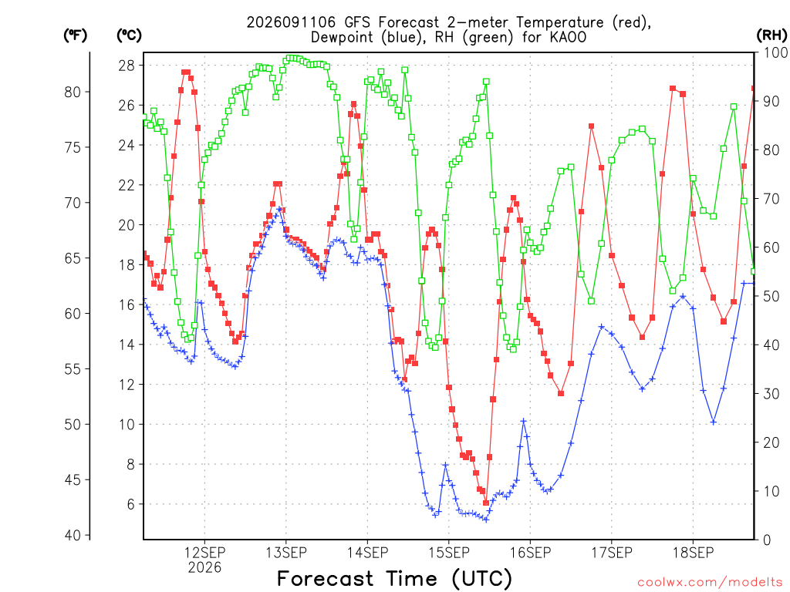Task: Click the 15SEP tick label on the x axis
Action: (x=449, y=553)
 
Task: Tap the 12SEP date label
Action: (x=204, y=553)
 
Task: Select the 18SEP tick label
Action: (x=694, y=553)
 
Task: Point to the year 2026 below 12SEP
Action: (x=204, y=568)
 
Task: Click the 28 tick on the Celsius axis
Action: (x=127, y=66)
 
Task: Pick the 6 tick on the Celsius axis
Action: (x=130, y=504)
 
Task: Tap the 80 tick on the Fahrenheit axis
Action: (x=73, y=92)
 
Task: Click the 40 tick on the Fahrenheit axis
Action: (x=73, y=536)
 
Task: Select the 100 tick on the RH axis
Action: (x=776, y=52)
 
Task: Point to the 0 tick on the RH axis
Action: (x=767, y=540)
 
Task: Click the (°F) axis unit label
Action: (x=75, y=35)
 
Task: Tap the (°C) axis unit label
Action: (x=129, y=35)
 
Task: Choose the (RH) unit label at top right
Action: (x=771, y=35)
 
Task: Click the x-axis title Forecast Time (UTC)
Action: (x=394, y=579)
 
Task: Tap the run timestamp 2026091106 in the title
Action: (x=291, y=22)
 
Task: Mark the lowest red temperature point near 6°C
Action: (x=486, y=503)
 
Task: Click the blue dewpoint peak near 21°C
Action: (x=279, y=210)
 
